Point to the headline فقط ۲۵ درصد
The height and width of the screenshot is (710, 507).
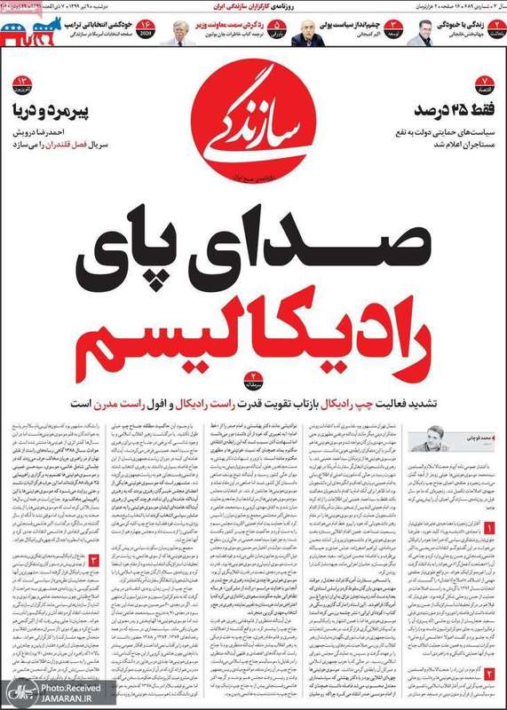[x=442, y=110]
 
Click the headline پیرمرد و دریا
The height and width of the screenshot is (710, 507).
[x=55, y=110]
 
